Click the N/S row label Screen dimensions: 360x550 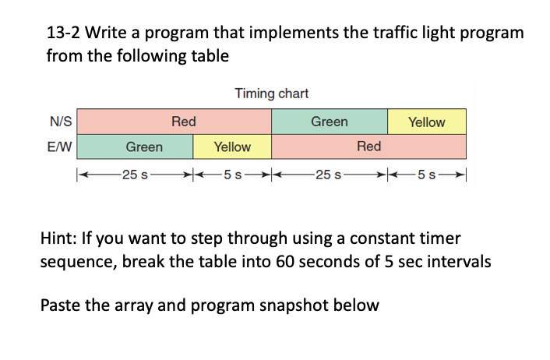(x=62, y=122)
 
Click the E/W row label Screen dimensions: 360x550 (x=62, y=146)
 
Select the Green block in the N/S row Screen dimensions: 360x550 (x=329, y=122)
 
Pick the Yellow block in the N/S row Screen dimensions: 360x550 (x=427, y=122)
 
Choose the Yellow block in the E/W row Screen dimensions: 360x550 (x=232, y=146)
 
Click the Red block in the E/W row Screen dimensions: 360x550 (x=368, y=146)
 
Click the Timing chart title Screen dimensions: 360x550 (x=271, y=94)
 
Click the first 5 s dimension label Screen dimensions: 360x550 (x=232, y=173)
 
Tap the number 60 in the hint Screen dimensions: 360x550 (x=295, y=261)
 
